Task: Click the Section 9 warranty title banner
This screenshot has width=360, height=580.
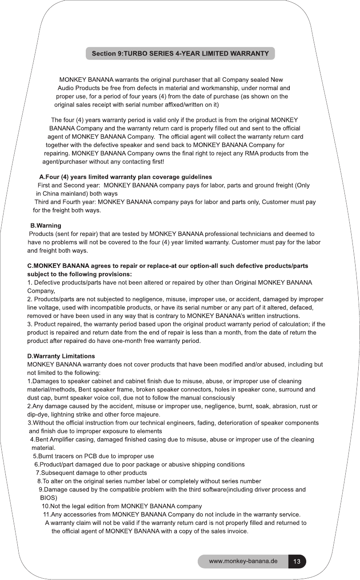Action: pos(180,54)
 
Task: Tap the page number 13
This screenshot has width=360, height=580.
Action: pos(297,561)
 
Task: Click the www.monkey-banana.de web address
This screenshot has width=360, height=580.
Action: pos(243,561)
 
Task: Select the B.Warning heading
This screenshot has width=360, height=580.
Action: pos(45,226)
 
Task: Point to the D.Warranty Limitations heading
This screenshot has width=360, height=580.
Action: pos(61,356)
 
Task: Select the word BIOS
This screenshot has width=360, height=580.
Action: pos(48,498)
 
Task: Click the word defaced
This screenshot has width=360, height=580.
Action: pos(303,307)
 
